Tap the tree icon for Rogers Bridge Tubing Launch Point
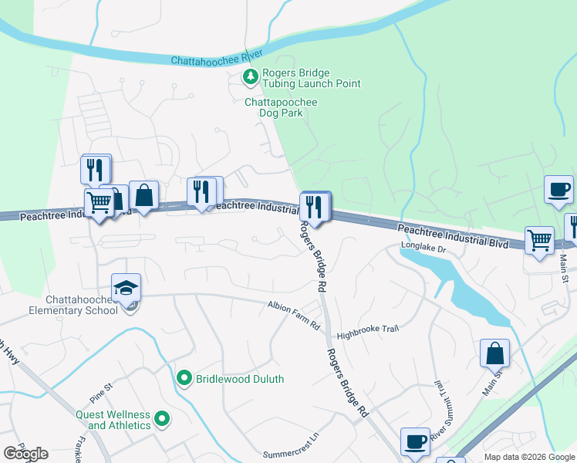point(250,76)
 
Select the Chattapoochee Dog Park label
point(281,107)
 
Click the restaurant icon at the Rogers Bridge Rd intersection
point(315,206)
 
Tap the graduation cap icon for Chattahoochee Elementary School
point(126,289)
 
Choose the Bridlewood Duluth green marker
point(184,378)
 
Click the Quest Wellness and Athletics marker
point(162,420)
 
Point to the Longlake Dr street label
point(423,248)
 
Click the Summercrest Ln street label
point(291,455)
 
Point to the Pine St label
point(100,386)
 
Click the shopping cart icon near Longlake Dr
point(539,240)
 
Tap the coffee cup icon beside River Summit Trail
point(415,442)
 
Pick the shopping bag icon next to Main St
point(494,353)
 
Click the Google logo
point(25,454)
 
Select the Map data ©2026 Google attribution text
point(529,457)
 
